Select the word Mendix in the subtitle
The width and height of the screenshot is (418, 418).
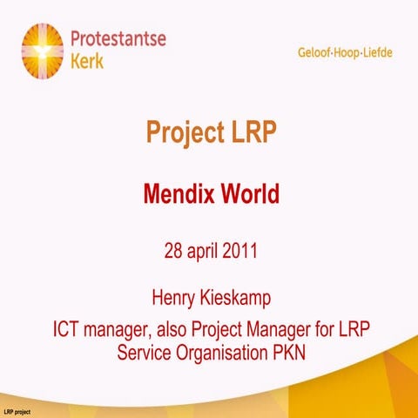[179, 192]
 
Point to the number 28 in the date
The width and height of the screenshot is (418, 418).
[174, 252]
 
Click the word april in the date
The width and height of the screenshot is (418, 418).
[206, 253]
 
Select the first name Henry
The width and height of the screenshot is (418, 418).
[174, 299]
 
